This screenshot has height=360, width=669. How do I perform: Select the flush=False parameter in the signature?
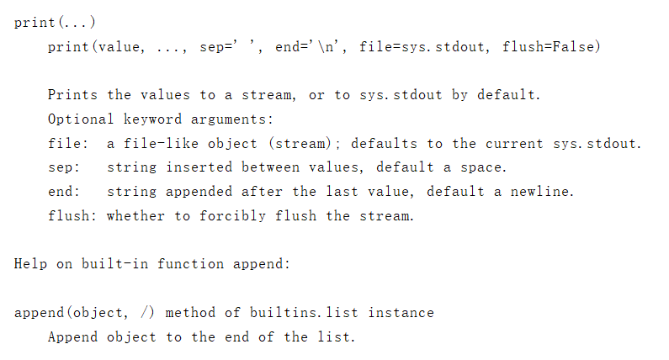pos(551,47)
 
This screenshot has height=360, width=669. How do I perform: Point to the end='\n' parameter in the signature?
pos(309,47)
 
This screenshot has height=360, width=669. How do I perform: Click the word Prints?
pos(73,95)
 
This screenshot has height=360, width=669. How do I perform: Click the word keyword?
pos(153,119)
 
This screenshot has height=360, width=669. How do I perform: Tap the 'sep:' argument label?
pos(65,167)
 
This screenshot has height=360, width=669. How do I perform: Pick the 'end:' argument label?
pos(65,192)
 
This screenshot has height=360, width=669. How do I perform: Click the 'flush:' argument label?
pos(73,216)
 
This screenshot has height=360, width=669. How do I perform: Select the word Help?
pos(31,264)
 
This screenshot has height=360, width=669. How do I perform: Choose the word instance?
pos(401,313)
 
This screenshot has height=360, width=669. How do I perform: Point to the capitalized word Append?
pos(73,337)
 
